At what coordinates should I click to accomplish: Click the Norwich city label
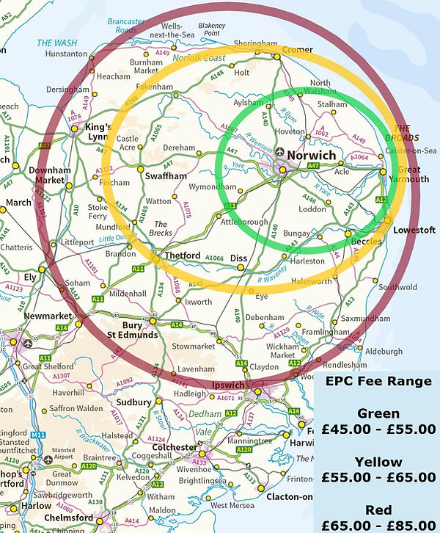pyautogui.click(x=311, y=156)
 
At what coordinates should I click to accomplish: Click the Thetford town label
pyautogui.click(x=183, y=255)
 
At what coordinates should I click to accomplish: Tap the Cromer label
pyautogui.click(x=297, y=49)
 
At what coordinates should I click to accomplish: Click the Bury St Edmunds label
pyautogui.click(x=133, y=330)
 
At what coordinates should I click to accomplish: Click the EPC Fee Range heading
pyautogui.click(x=377, y=382)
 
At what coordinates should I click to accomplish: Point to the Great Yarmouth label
pyautogui.click(x=414, y=174)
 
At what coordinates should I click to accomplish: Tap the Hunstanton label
pyautogui.click(x=66, y=53)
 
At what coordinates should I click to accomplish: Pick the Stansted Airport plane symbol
pyautogui.click(x=48, y=460)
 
